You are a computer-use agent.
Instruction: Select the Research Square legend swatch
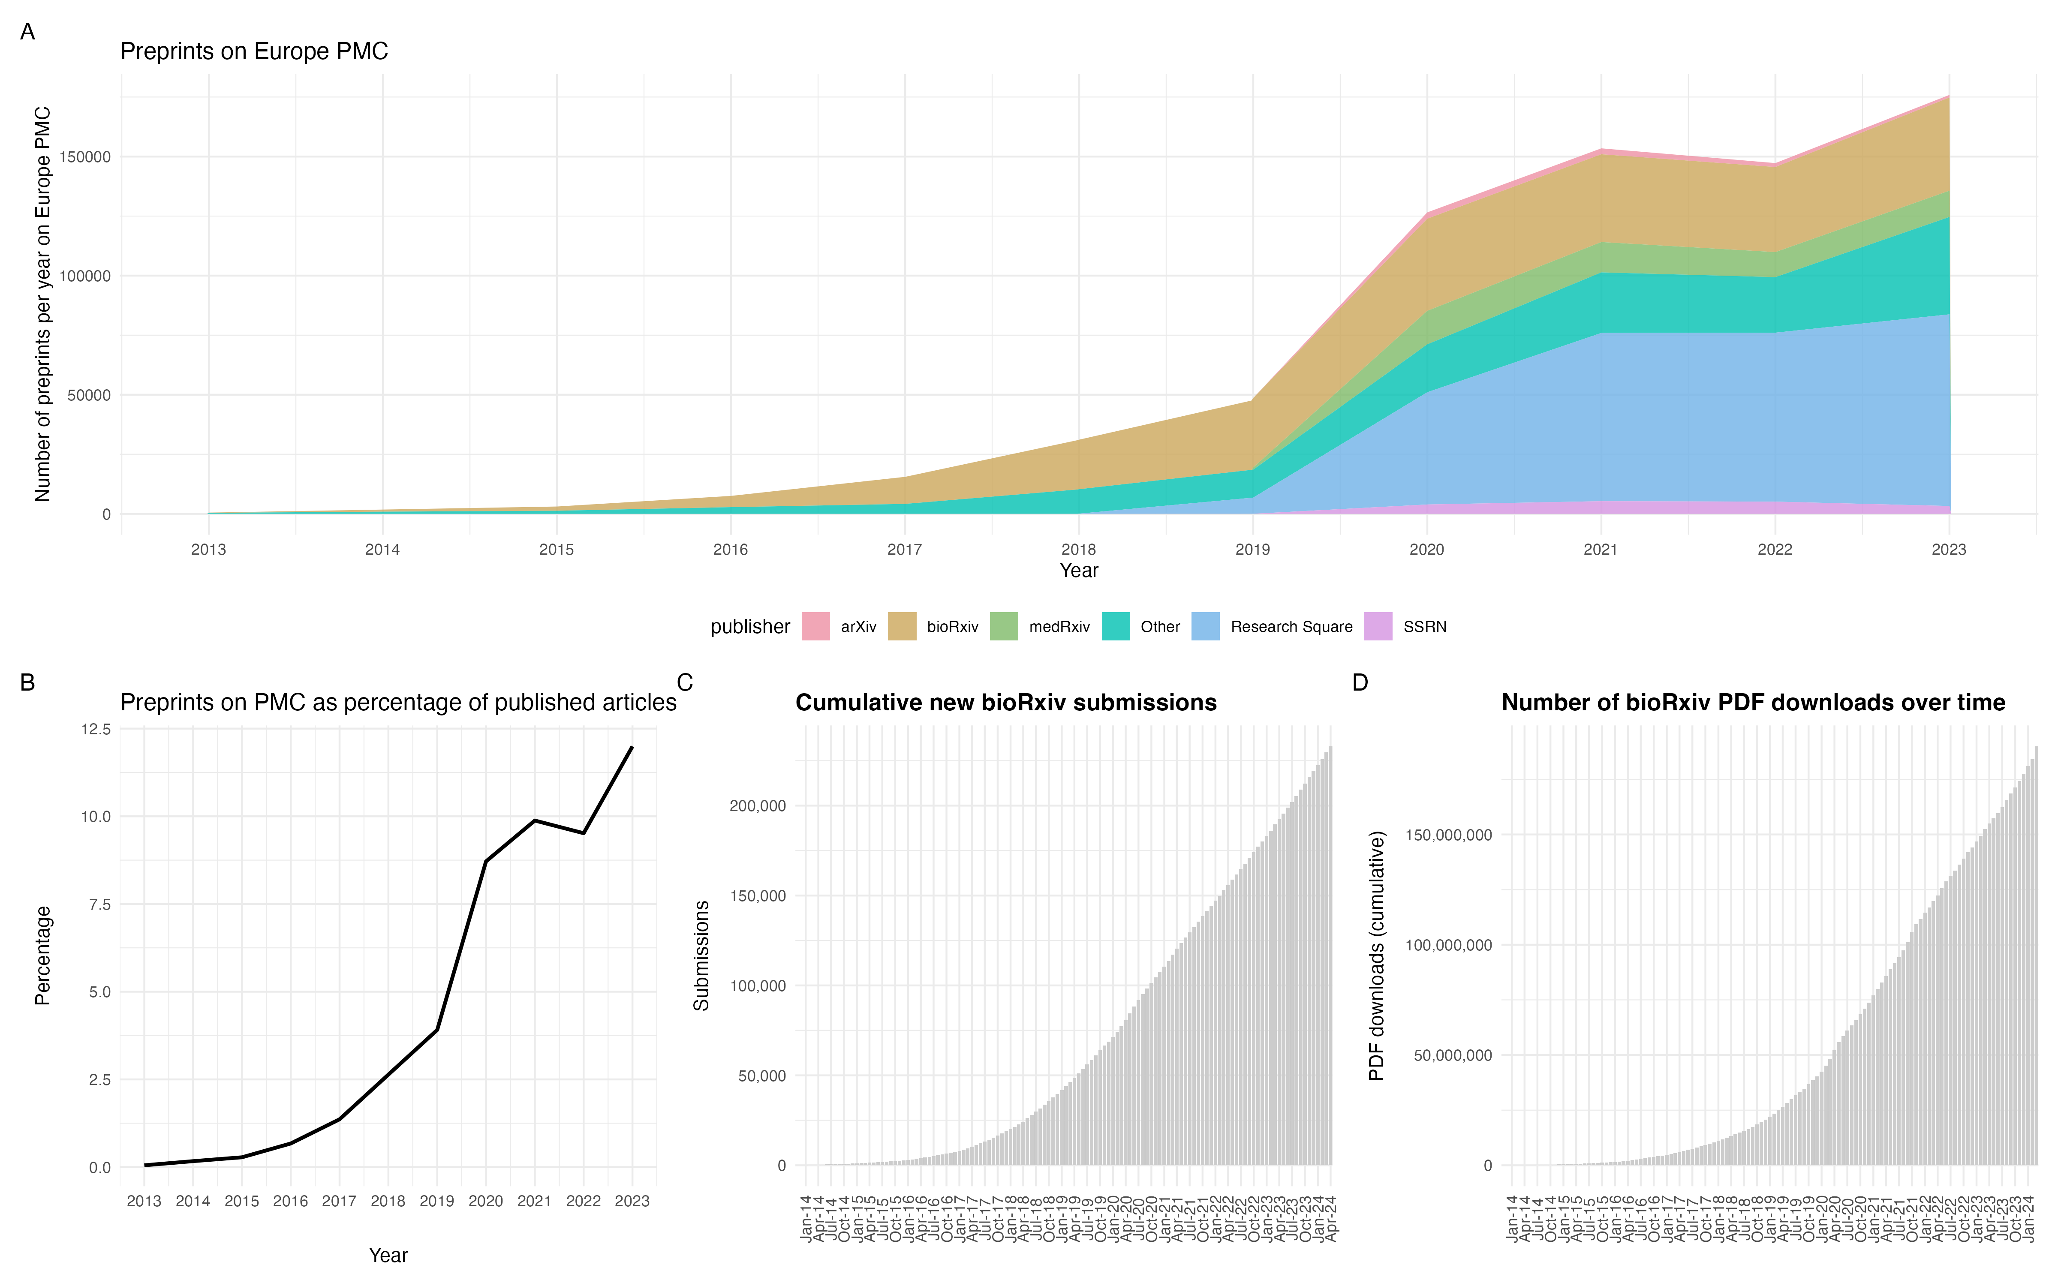pos(1205,627)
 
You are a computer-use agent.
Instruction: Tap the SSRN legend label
pos(1424,627)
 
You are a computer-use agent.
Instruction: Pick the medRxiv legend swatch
pos(1003,627)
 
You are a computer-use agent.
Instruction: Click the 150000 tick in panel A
pos(85,157)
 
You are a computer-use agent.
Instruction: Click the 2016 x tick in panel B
pos(290,1201)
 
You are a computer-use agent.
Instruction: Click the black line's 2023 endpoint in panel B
pos(632,748)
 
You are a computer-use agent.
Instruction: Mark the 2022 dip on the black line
pos(584,832)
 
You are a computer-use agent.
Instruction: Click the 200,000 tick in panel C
pos(758,805)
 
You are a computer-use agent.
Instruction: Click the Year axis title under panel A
pos(1078,571)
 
